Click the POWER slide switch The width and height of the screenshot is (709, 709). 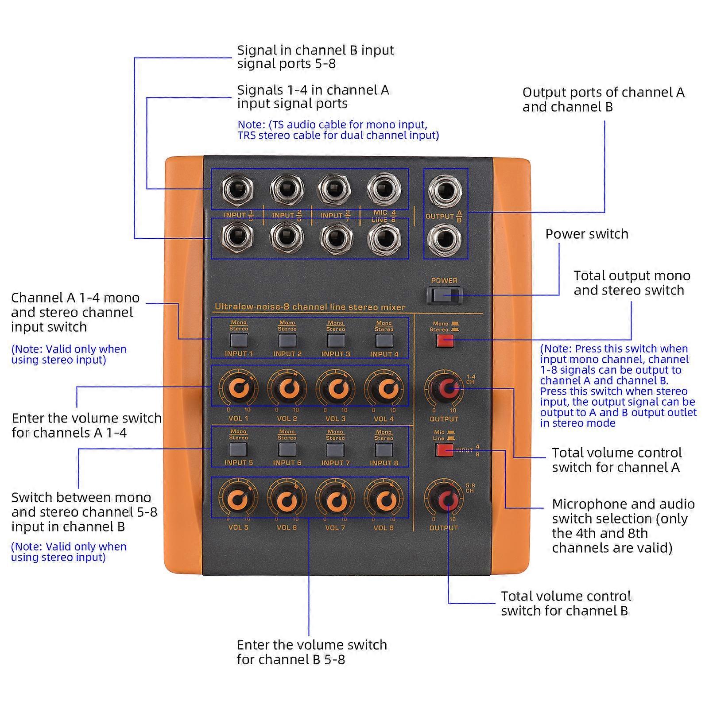click(x=445, y=295)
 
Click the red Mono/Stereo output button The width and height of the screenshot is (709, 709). click(x=445, y=341)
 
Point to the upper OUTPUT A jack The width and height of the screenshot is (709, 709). click(x=445, y=191)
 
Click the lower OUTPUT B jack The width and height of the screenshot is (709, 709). click(x=445, y=239)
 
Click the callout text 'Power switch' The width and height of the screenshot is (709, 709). click(x=586, y=234)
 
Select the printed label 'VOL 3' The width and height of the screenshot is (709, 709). click(x=335, y=418)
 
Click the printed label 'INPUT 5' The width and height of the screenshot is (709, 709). click(x=238, y=462)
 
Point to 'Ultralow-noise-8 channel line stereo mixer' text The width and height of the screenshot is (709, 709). click(x=310, y=307)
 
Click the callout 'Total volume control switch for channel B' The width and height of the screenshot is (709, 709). click(x=566, y=603)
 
